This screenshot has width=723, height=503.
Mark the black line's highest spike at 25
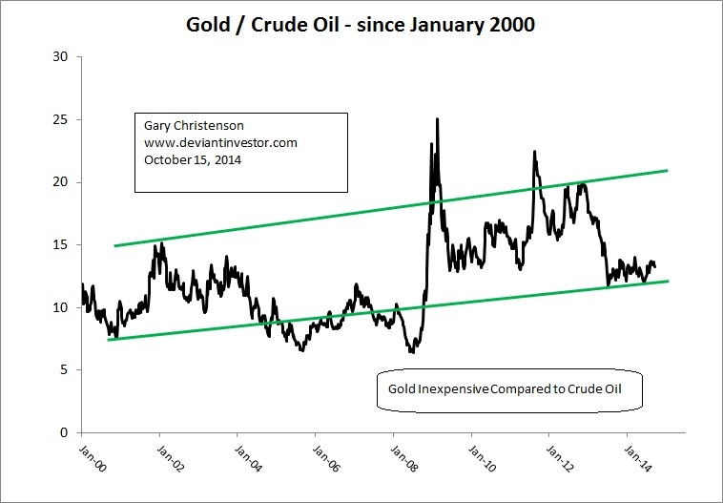[438, 120]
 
